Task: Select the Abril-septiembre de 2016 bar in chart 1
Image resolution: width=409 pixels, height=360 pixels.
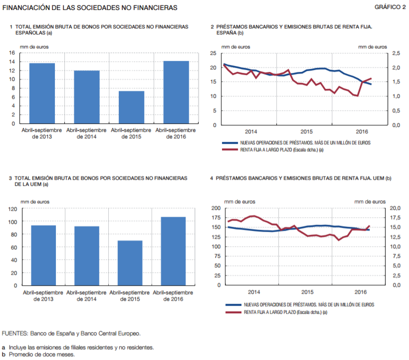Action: pyautogui.click(x=176, y=92)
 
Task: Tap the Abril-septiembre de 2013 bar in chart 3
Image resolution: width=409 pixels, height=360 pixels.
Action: pyautogui.click(x=43, y=255)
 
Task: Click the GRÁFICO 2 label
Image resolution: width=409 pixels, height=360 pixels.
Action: pyautogui.click(x=390, y=7)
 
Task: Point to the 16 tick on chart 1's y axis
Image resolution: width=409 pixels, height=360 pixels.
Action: pyautogui.click(x=11, y=52)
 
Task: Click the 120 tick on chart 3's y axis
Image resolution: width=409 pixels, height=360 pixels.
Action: pyautogui.click(x=11, y=209)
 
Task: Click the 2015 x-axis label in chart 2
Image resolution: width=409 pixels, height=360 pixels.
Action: pyautogui.click(x=306, y=131)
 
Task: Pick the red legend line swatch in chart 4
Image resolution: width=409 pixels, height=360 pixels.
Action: pyautogui.click(x=233, y=312)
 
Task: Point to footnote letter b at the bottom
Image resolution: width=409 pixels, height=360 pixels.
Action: pyautogui.click(x=4, y=355)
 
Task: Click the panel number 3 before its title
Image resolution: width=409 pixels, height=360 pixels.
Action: pyautogui.click(x=10, y=178)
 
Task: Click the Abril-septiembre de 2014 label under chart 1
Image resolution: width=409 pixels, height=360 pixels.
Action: pyautogui.click(x=86, y=133)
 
